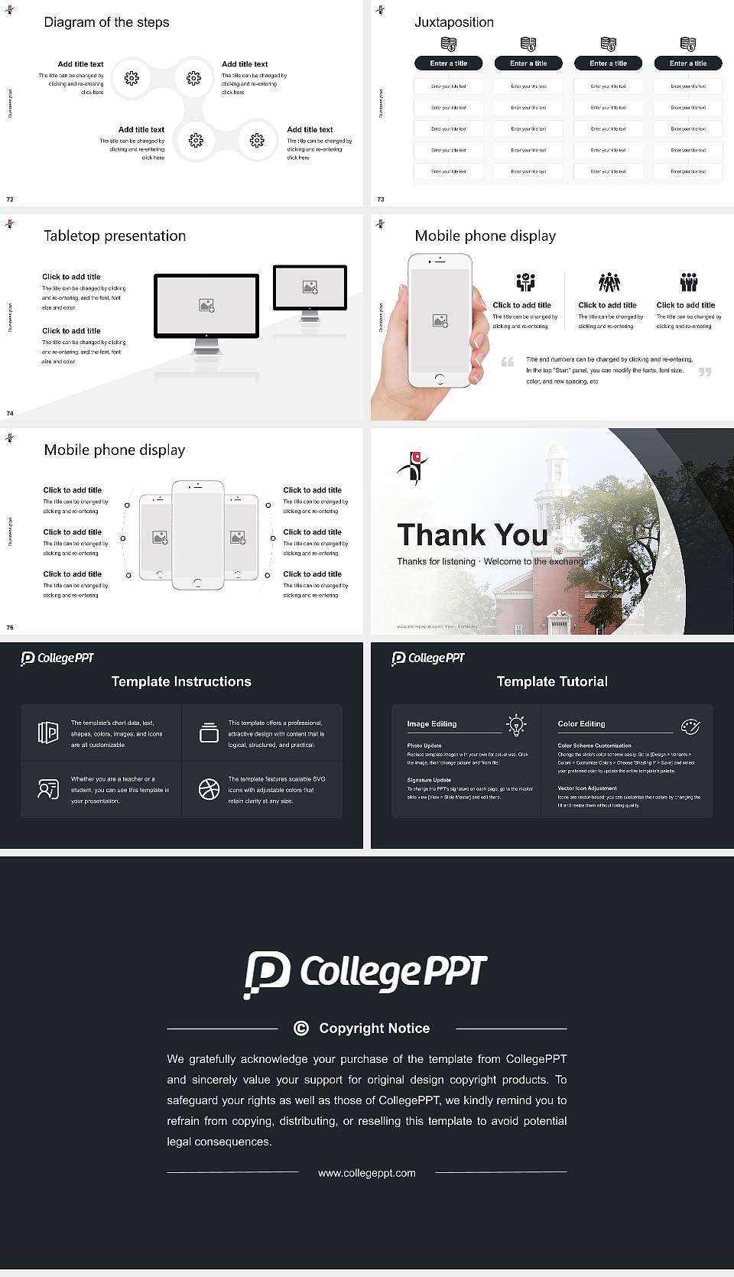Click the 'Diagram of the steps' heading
tap(106, 22)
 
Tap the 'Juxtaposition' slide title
tap(453, 22)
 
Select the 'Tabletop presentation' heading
tap(115, 236)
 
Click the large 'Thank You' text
tap(472, 535)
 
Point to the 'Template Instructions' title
tap(181, 681)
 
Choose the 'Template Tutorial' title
tap(552, 681)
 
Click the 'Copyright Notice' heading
tap(374, 1028)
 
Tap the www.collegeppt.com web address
tap(367, 1173)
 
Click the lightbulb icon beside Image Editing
tap(516, 724)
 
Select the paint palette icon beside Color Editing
tap(690, 726)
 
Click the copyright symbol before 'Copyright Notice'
tap(301, 1028)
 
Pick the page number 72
tap(10, 199)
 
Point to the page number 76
tap(10, 627)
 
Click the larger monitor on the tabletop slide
tap(206, 306)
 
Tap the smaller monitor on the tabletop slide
tap(310, 288)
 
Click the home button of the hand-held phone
tap(439, 379)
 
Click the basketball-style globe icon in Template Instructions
tap(209, 789)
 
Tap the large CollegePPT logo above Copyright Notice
tap(365, 974)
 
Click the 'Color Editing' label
tap(581, 723)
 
